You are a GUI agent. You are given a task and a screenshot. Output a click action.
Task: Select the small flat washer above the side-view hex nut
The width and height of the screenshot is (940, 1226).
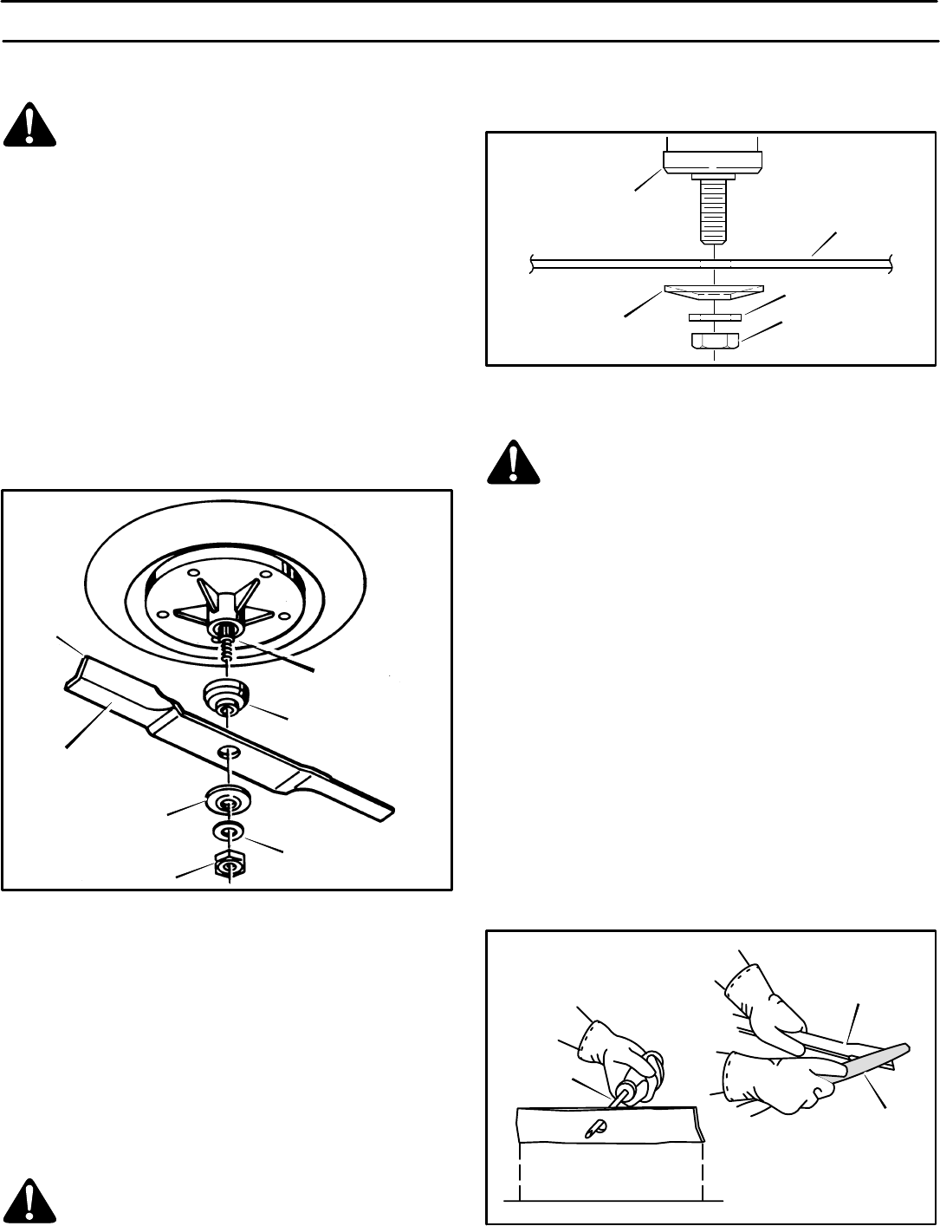[x=714, y=317]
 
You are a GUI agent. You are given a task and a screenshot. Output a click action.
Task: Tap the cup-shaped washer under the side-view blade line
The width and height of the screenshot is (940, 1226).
[x=714, y=292]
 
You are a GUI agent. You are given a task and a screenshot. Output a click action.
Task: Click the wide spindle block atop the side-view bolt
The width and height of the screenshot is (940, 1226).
[x=714, y=161]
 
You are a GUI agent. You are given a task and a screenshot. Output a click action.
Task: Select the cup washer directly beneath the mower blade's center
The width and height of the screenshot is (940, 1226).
[x=228, y=800]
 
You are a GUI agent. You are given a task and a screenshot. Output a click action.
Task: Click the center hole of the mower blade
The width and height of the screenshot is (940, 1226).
[x=228, y=750]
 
